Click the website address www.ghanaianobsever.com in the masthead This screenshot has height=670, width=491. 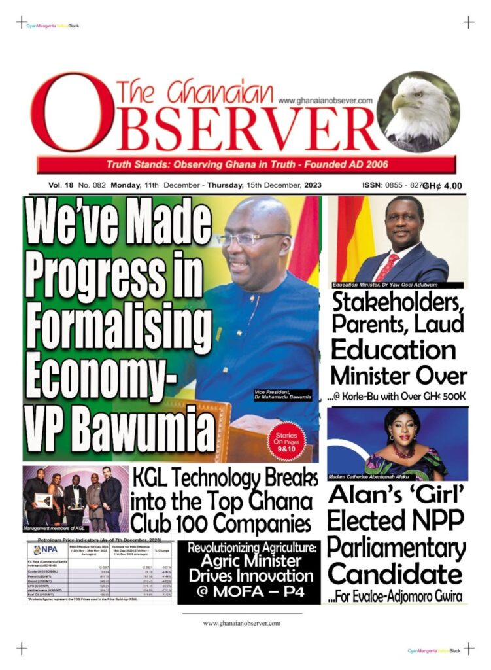[325, 101]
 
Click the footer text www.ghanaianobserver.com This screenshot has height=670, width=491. [242, 623]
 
